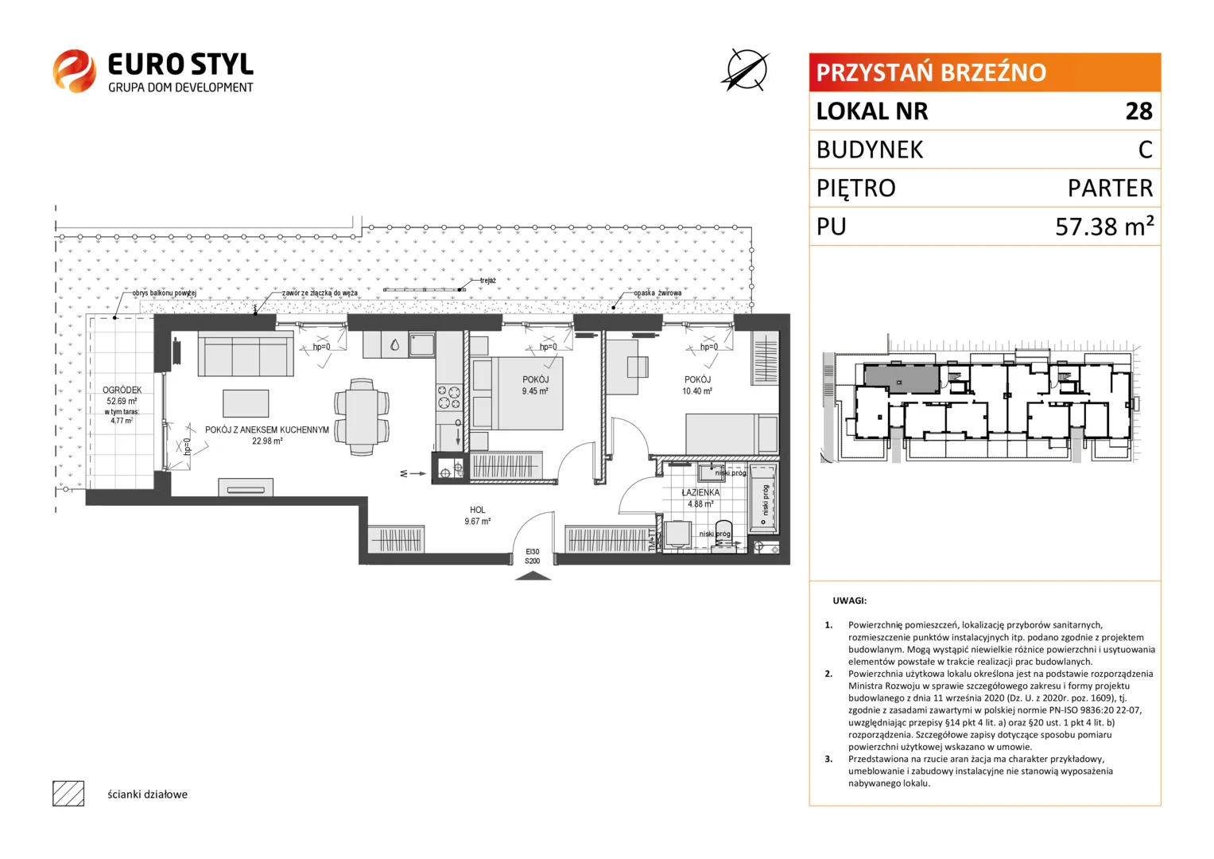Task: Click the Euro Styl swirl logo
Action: pos(75,71)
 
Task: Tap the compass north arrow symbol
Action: pos(747,70)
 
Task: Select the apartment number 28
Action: pos(1138,111)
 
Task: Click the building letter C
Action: pos(1145,150)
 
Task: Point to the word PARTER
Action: pos(1110,189)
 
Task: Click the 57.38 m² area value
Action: pos(1104,226)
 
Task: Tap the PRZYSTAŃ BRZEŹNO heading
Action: pos(930,72)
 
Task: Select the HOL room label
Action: pos(478,510)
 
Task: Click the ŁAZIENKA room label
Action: pos(700,492)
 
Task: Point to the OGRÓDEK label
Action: pos(122,390)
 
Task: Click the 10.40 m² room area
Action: pos(697,391)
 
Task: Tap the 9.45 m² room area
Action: pos(535,391)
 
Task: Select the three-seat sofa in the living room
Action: pos(246,353)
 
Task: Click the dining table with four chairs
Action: pos(362,417)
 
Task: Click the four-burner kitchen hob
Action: pos(448,397)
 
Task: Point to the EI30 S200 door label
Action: pos(532,557)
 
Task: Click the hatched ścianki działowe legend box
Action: pos(68,794)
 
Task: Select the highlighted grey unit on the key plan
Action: pos(902,379)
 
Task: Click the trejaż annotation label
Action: pos(488,280)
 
